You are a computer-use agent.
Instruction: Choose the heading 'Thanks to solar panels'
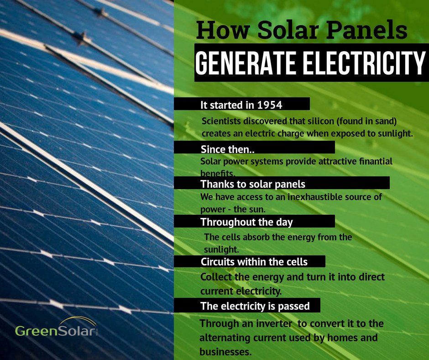253,184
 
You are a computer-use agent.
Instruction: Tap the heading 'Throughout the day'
246,222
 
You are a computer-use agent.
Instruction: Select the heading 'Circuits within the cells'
254,262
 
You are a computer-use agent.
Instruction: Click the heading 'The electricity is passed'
255,306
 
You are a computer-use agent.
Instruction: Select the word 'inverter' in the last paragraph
276,324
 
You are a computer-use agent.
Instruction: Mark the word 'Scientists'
222,121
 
